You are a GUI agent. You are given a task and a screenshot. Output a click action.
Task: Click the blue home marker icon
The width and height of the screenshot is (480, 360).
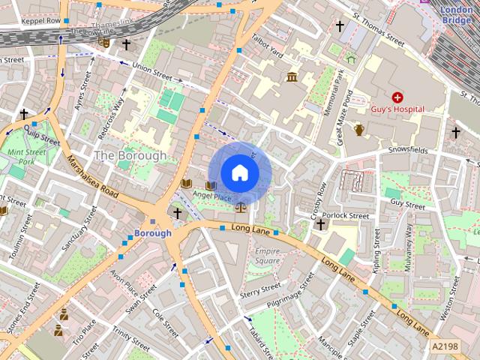(239, 172)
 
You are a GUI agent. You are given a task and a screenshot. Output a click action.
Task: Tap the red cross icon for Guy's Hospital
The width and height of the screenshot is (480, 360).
(397, 97)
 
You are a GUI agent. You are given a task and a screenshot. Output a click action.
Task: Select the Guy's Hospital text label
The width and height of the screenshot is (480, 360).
(397, 109)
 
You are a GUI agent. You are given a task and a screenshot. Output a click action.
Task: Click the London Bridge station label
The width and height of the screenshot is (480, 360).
(456, 15)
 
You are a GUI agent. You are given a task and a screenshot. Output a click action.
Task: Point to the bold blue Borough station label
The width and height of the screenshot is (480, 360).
(152, 233)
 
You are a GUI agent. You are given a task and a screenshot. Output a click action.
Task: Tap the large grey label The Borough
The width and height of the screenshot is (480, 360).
(130, 155)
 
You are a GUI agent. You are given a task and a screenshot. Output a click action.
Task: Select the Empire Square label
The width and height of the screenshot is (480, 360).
(268, 256)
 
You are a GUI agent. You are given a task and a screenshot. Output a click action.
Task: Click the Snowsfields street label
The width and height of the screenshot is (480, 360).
(408, 151)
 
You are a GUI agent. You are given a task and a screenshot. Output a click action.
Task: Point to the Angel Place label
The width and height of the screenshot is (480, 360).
(212, 196)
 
